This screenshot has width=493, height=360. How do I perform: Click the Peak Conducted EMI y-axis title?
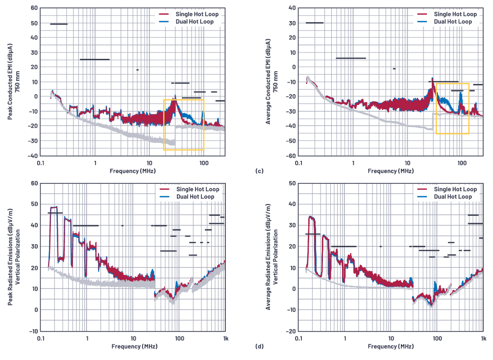13,81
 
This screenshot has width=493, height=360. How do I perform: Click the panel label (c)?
259,171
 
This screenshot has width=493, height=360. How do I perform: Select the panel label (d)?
259,347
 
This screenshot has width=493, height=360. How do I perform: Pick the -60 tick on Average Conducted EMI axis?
291,155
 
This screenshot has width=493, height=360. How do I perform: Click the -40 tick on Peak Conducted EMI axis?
33,155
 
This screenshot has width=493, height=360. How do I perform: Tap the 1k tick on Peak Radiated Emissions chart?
225,338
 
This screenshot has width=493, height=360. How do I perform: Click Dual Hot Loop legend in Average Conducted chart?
453,22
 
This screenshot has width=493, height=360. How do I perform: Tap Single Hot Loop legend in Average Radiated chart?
455,189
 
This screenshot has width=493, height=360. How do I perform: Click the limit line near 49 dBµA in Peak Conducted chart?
59,24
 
